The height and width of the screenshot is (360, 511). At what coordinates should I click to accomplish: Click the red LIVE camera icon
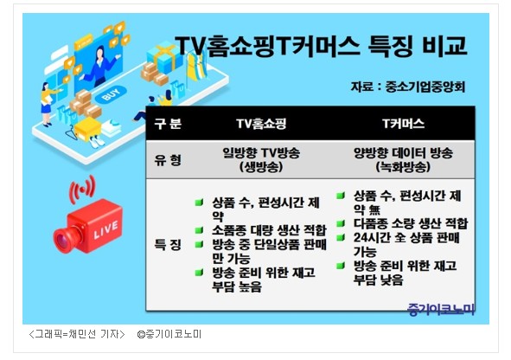tap(88, 227)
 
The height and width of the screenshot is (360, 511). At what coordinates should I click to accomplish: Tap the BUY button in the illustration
tap(111, 94)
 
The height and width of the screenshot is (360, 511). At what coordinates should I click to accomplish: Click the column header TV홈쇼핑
tap(261, 124)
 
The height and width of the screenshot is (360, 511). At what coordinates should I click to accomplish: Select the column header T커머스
tap(403, 124)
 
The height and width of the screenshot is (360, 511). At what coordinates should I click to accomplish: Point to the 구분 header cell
tap(168, 124)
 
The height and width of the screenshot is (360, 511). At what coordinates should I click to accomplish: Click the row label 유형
tap(168, 160)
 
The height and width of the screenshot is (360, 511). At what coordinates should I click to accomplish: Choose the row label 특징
tap(168, 245)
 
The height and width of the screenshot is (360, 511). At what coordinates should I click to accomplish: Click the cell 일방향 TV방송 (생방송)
tap(261, 160)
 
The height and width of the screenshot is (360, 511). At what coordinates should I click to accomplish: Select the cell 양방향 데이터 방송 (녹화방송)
tap(403, 160)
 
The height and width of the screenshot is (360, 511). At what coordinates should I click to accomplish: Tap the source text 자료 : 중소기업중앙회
tap(408, 87)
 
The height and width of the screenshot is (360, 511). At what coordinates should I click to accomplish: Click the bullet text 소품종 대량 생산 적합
tap(269, 230)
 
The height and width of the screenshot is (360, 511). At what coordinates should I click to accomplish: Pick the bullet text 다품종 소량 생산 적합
tap(411, 223)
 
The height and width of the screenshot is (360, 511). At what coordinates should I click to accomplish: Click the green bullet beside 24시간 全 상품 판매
tap(341, 237)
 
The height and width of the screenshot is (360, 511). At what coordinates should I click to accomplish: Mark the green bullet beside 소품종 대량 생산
tap(199, 230)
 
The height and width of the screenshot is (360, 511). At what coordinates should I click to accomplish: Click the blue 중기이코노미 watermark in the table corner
tap(441, 310)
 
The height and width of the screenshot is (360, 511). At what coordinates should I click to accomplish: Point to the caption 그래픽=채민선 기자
tap(77, 334)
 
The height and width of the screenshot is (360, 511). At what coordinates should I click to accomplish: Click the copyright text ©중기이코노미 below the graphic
tap(169, 334)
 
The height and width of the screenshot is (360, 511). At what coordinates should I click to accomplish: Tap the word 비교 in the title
tap(444, 47)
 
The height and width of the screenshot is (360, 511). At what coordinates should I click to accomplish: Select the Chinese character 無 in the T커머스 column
tap(374, 209)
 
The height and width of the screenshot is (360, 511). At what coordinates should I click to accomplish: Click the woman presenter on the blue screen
tap(99, 67)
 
